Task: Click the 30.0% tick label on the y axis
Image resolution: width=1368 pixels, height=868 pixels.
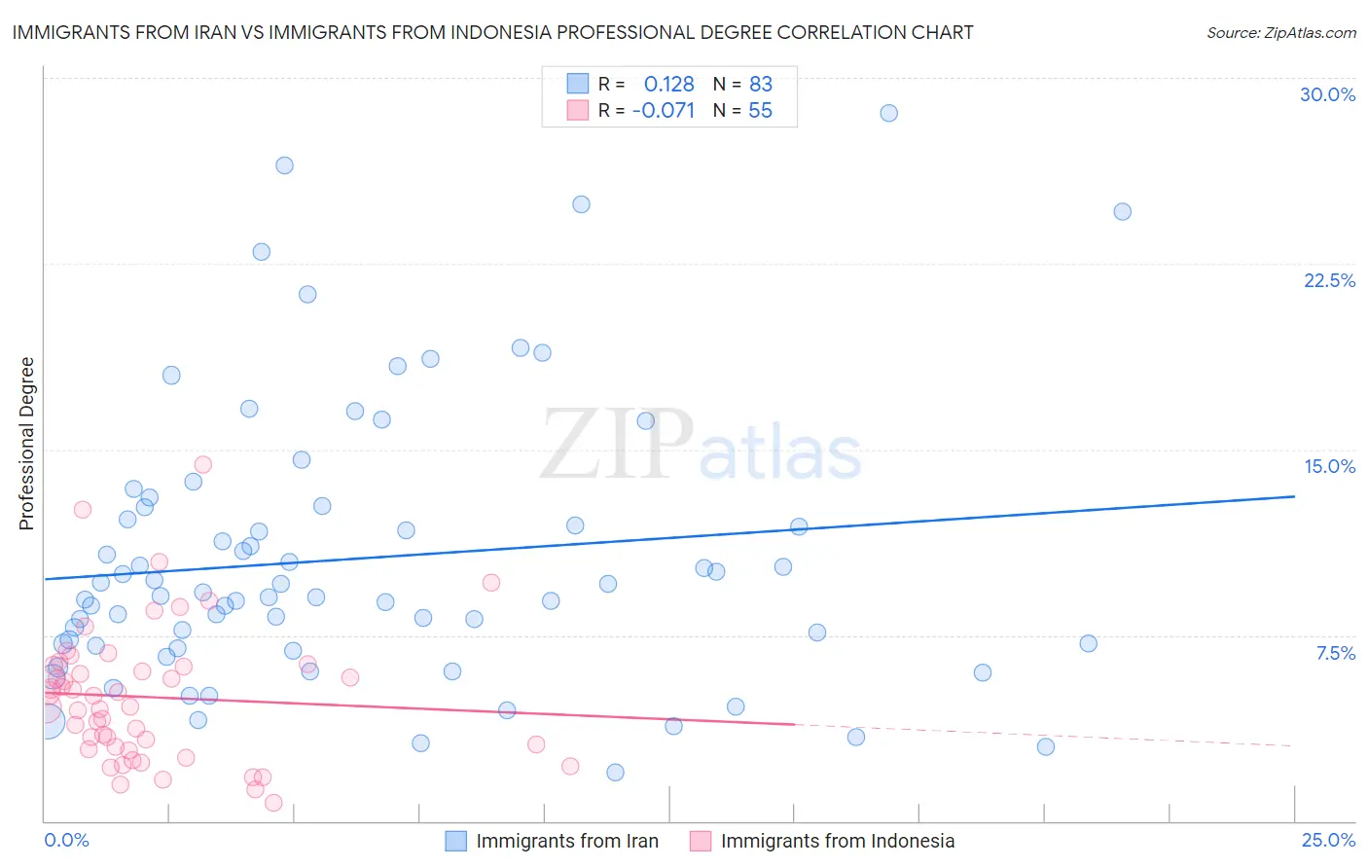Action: click(1327, 94)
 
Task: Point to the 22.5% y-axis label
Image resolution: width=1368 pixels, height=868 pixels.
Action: click(1329, 280)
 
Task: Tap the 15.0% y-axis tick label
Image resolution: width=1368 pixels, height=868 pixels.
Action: click(1329, 466)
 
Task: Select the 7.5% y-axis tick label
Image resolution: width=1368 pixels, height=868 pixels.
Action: click(1335, 653)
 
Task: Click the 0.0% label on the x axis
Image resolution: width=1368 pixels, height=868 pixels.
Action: click(66, 840)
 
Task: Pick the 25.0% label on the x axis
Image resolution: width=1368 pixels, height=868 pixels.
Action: click(1328, 840)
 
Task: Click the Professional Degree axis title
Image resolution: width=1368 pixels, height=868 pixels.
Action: click(26, 444)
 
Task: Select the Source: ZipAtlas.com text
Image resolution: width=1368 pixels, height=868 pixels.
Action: click(1280, 32)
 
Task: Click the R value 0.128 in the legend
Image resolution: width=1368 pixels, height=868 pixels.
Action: click(668, 84)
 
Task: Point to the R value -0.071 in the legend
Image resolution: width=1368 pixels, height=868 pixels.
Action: click(664, 111)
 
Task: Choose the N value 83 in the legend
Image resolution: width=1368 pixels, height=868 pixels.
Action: click(760, 84)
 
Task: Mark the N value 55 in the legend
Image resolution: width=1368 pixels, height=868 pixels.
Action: click(760, 111)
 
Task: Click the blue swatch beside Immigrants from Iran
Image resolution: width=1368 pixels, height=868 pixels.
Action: click(455, 841)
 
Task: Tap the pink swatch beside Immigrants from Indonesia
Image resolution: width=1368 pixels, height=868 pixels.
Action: click(701, 841)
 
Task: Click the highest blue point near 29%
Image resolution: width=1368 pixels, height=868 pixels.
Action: click(888, 113)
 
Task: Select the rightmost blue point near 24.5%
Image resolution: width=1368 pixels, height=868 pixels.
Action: click(1122, 211)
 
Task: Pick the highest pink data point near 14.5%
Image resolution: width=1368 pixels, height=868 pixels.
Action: click(202, 464)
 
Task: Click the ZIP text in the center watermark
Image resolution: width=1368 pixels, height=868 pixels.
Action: click(617, 446)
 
